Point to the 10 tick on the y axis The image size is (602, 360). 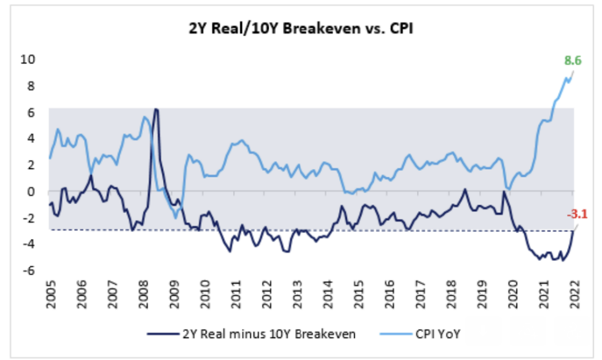tap(30, 59)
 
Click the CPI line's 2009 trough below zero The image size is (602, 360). tap(175, 218)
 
